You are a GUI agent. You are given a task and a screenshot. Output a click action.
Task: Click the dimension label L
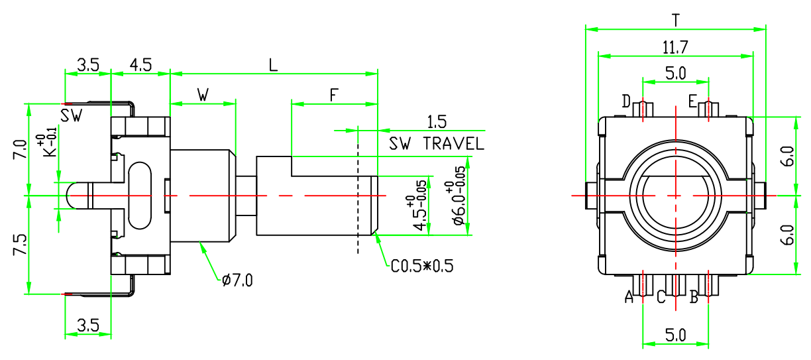tap(273, 65)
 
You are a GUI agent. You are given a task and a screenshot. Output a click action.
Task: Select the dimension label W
tap(203, 95)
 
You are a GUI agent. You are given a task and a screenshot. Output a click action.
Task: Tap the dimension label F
tap(335, 95)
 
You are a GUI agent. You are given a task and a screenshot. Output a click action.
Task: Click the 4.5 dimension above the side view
tap(140, 65)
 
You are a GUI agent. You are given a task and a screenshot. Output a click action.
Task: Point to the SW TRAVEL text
tap(437, 143)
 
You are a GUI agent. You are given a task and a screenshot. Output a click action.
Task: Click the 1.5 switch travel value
tap(437, 122)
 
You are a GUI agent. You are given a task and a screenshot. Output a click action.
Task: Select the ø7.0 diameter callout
tap(238, 280)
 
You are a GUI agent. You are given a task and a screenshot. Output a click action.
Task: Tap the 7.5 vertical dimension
tap(21, 245)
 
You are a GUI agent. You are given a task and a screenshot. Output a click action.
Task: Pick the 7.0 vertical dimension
tap(21, 150)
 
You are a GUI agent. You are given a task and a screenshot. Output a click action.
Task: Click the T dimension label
tap(675, 20)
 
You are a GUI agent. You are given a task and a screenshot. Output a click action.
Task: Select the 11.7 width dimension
tap(675, 47)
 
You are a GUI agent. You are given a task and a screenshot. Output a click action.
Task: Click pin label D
tap(626, 101)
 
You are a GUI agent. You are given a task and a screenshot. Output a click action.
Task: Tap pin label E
tap(692, 101)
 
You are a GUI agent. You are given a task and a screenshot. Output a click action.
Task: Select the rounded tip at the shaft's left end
tap(74, 196)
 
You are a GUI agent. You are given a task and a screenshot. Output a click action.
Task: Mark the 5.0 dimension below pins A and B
tap(675, 335)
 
